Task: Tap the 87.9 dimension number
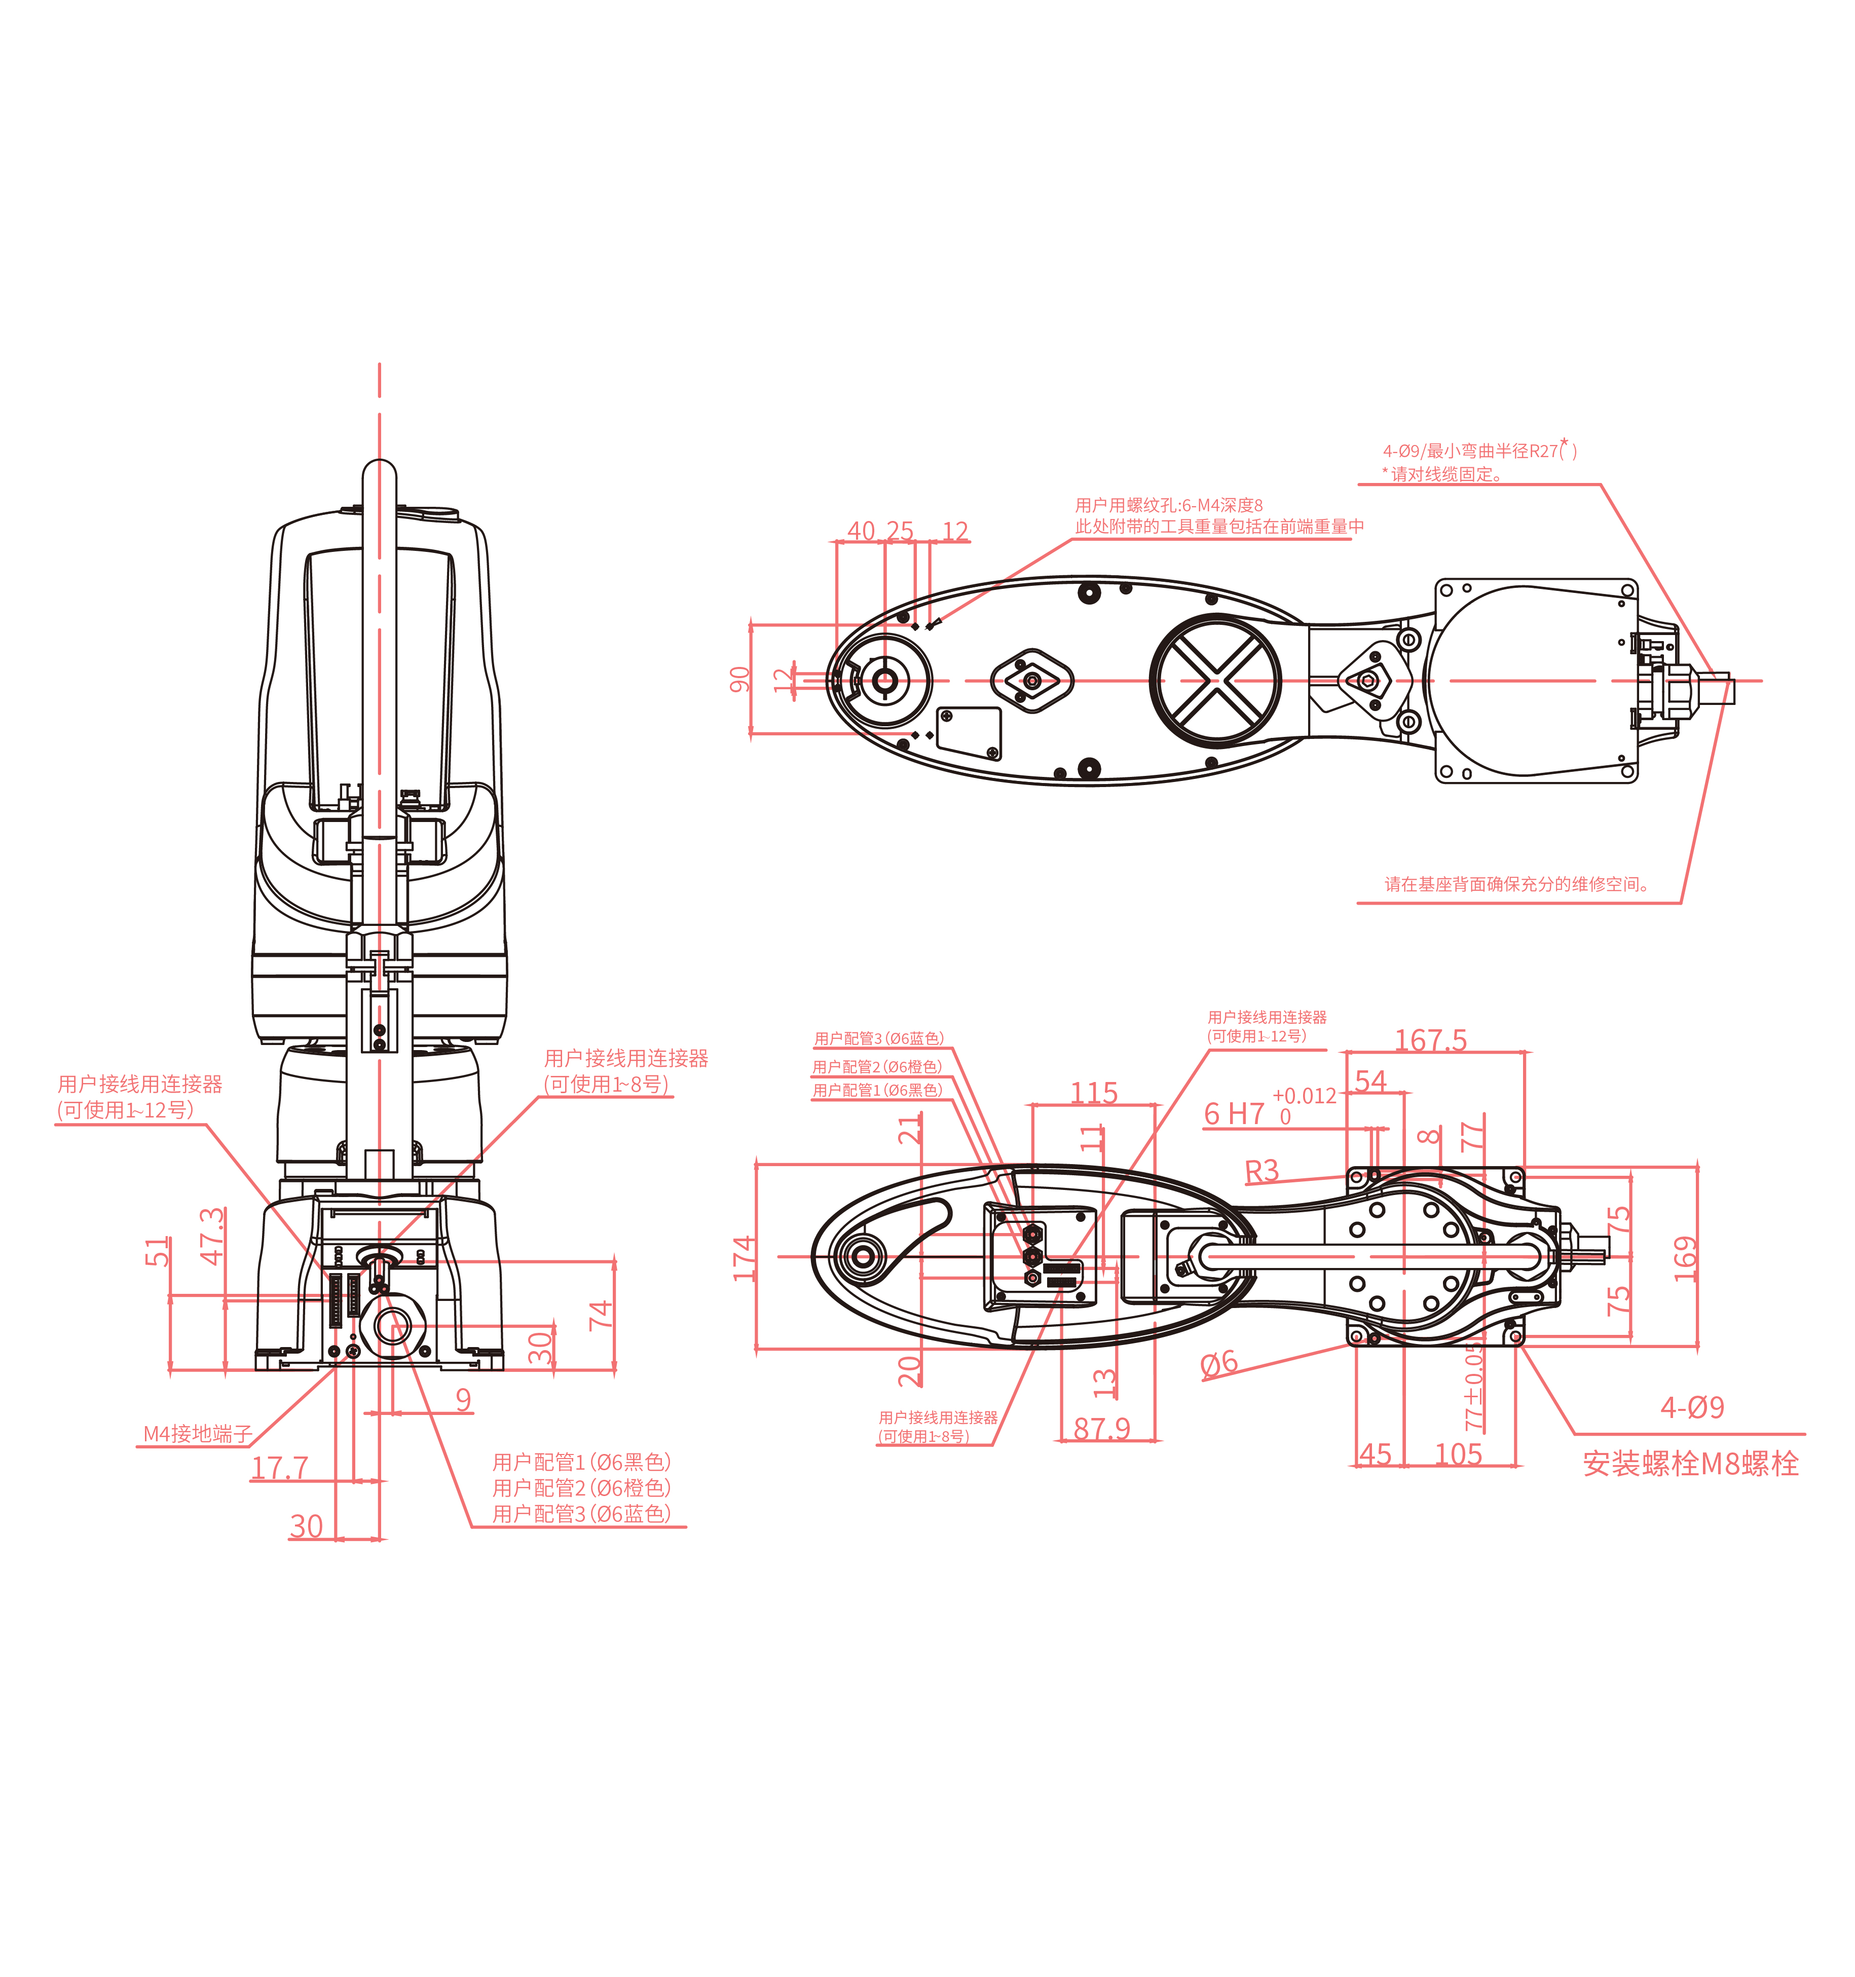click(1101, 1429)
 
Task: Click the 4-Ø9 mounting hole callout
click(1692, 1407)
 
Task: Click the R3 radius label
click(1261, 1172)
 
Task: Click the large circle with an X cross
click(1215, 681)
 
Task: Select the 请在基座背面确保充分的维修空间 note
click(1517, 884)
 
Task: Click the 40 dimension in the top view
click(861, 531)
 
